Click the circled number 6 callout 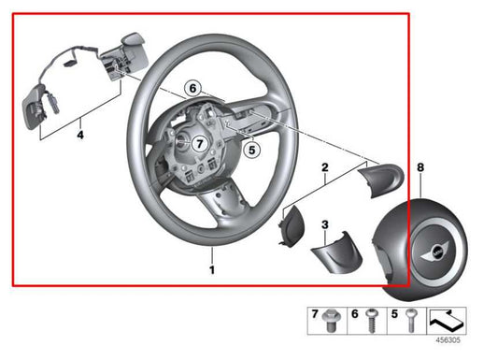pos(192,88)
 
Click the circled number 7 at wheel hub pos(197,145)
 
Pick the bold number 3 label pos(324,224)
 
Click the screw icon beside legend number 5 pos(410,322)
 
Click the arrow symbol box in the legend pos(447,320)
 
